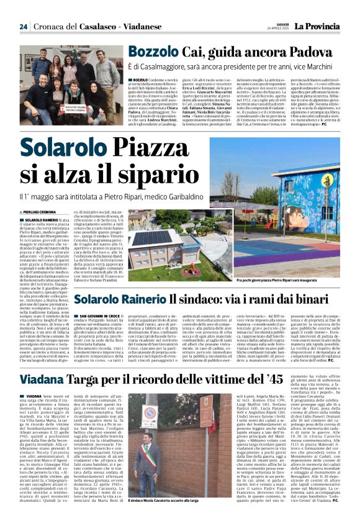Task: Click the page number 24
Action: pyautogui.click(x=23, y=27)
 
